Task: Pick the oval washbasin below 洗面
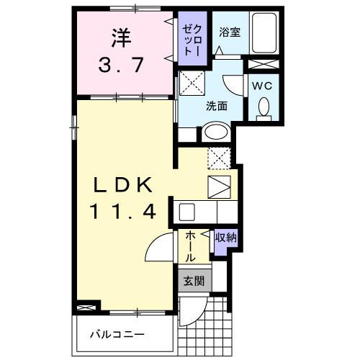pos(215,132)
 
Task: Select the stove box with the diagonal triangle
pos(220,187)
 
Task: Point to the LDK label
pos(122,185)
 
